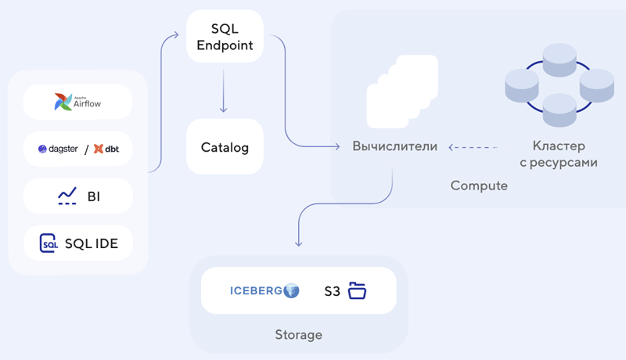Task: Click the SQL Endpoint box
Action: point(225,37)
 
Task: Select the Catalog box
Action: point(225,146)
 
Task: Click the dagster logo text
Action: point(59,149)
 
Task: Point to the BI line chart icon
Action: point(67,196)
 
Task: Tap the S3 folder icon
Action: point(357,291)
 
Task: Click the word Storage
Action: point(298,335)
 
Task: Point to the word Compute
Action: point(479,186)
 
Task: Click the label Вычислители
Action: point(394,146)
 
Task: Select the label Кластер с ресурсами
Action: point(559,154)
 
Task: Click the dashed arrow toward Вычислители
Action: point(473,146)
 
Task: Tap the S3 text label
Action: point(333,292)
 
